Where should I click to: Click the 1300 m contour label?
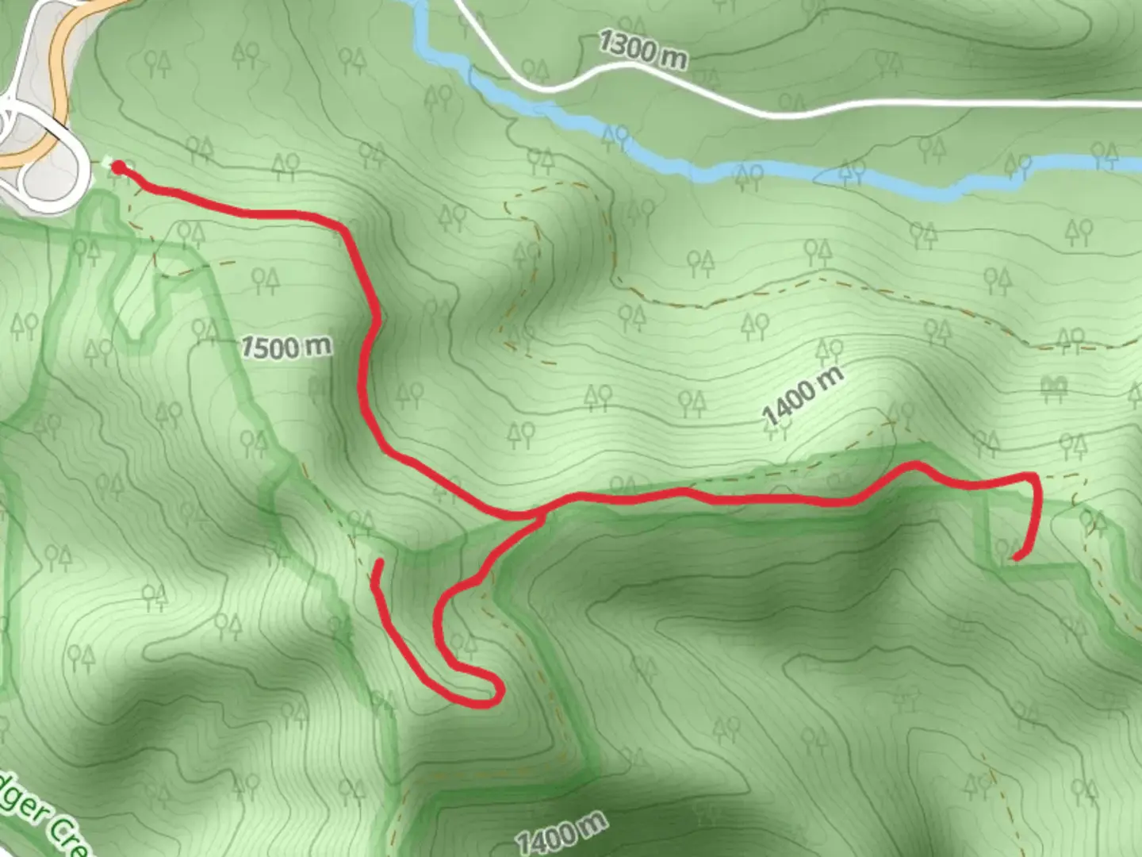point(643,50)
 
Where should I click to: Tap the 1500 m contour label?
point(286,348)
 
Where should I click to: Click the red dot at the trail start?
point(118,167)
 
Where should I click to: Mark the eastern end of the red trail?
point(1016,558)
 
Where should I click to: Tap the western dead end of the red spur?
point(380,563)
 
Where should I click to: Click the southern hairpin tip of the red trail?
point(496,697)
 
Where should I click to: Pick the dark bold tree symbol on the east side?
point(1054,386)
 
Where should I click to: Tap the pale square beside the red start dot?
point(106,163)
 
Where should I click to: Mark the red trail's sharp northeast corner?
point(1032,476)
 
